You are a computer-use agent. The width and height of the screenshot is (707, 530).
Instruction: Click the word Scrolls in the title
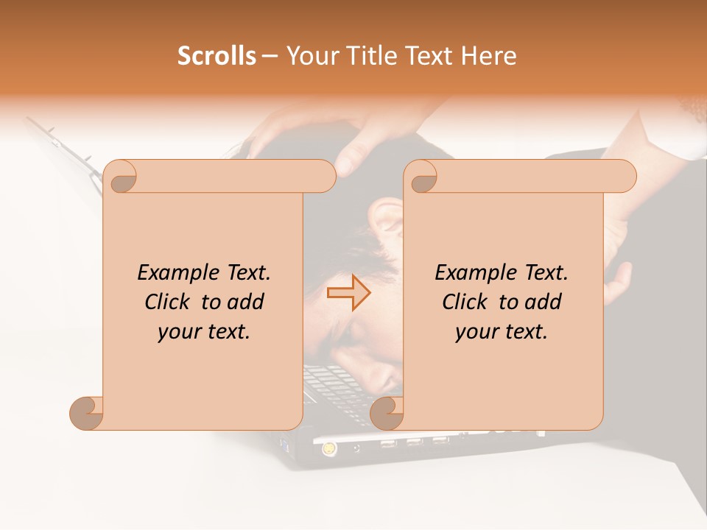217,56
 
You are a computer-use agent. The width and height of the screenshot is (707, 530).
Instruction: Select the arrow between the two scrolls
349,293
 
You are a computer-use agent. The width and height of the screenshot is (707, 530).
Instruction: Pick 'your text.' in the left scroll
204,332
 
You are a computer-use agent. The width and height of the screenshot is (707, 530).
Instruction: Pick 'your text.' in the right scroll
502,332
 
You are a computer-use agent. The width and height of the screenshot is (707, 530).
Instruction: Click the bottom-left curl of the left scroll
86,413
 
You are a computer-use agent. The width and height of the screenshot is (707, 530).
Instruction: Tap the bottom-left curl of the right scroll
386,413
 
